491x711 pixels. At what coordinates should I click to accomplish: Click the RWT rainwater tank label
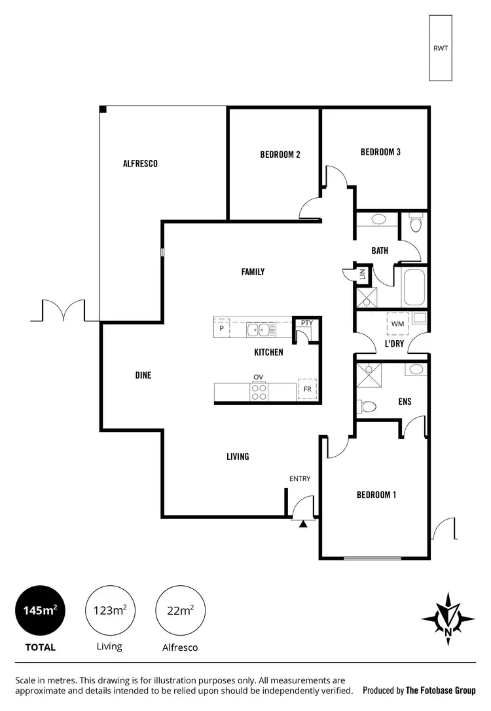[440, 48]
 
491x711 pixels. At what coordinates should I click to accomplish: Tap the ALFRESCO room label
[140, 164]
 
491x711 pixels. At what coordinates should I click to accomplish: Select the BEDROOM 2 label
[280, 155]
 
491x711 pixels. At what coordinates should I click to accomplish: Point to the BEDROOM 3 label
[380, 152]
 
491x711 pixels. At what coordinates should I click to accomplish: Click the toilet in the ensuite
[367, 407]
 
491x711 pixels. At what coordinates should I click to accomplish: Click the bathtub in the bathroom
[414, 288]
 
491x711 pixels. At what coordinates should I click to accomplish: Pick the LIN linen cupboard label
[361, 275]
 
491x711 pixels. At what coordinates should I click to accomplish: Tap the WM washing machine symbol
[397, 324]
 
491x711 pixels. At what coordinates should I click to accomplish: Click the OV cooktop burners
[259, 391]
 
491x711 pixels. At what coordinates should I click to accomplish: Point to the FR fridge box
[307, 389]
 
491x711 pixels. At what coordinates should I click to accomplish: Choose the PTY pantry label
[306, 323]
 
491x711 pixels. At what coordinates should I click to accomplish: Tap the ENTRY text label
[300, 479]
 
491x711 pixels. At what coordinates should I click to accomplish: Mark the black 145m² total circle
[40, 611]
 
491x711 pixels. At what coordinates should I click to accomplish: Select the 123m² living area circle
[109, 611]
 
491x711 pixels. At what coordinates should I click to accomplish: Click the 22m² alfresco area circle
[179, 611]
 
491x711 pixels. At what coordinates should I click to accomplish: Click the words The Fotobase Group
[440, 690]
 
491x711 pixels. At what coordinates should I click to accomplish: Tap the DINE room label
[143, 375]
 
